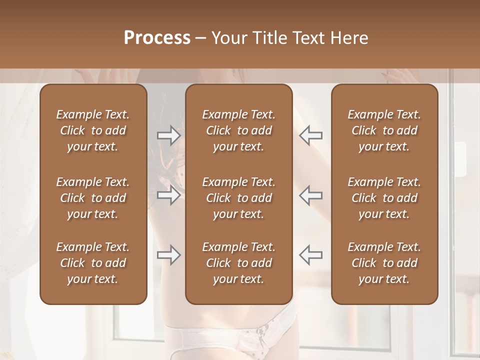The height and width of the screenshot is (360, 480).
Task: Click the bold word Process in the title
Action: click(157, 37)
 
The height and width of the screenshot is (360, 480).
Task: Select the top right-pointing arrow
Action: click(168, 135)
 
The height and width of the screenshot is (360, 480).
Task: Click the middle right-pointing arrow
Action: click(168, 195)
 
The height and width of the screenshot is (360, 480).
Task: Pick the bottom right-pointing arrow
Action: click(168, 255)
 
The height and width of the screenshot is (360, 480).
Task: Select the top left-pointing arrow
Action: click(310, 135)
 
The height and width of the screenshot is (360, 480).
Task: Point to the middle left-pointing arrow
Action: click(310, 195)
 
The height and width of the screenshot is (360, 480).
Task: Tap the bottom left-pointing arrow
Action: click(310, 255)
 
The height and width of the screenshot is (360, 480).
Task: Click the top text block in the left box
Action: click(93, 130)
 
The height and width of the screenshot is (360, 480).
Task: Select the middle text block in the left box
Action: click(93, 198)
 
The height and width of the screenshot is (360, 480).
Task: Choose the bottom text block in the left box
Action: click(93, 263)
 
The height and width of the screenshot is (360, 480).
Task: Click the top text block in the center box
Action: click(238, 130)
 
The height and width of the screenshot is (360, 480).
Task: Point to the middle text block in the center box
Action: click(238, 198)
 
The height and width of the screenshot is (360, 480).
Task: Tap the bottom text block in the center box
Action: click(238, 263)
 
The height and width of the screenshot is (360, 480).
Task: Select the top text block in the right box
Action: click(384, 130)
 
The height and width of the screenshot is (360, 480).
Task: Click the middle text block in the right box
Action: click(384, 198)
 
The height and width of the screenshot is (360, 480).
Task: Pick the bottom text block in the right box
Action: click(384, 263)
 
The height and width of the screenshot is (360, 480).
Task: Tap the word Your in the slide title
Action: click(229, 37)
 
